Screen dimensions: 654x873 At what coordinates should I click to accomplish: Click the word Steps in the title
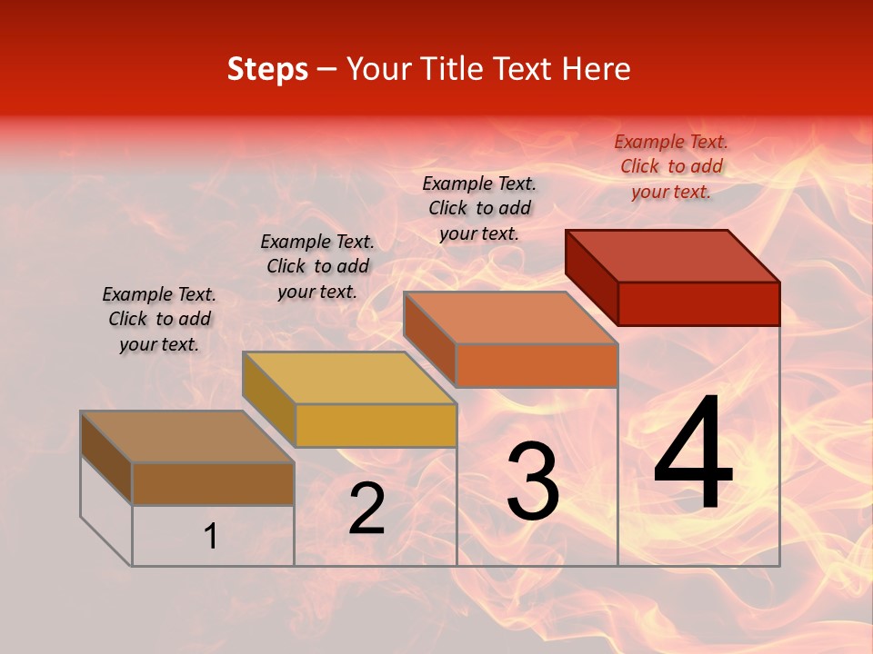pos(267,69)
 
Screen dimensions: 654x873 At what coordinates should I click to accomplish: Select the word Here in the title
pos(597,69)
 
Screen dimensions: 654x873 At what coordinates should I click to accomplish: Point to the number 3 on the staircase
pos(532,481)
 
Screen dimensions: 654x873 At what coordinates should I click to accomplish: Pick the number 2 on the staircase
pos(366,509)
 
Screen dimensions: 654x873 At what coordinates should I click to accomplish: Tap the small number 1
pos(211,537)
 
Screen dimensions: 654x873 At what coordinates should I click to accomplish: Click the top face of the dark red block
pos(673,255)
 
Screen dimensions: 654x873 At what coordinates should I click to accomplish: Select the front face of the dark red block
pos(698,303)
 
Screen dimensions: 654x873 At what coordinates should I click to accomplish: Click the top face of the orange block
pos(510,318)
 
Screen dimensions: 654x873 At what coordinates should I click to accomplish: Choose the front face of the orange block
pos(537,365)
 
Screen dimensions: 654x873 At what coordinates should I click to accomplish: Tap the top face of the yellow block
pos(349,378)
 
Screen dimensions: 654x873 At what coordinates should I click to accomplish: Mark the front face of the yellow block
pos(376,425)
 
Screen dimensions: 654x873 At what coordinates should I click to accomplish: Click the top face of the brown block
pos(187,437)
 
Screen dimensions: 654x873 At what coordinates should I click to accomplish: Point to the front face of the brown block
pos(213,483)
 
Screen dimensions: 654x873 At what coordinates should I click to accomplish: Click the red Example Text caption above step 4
pos(671,166)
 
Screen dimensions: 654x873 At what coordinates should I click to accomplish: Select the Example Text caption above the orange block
pos(479,208)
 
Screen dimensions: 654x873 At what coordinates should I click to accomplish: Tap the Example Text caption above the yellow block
pos(317,266)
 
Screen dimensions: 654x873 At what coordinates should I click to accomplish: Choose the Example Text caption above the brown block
pos(159,319)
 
